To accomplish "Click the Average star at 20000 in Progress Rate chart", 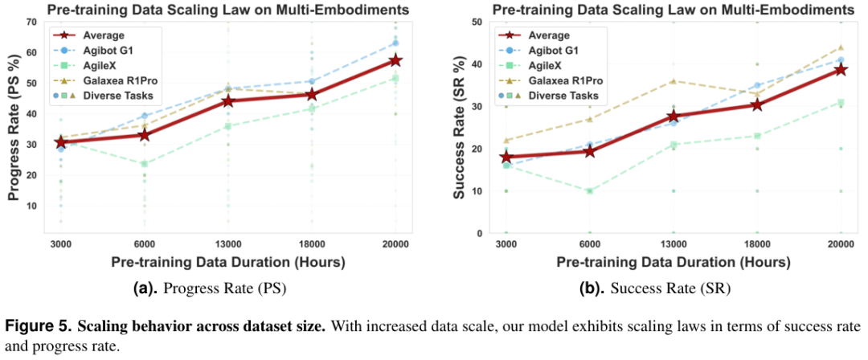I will (x=395, y=60).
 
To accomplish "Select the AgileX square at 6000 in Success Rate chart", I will (x=590, y=191).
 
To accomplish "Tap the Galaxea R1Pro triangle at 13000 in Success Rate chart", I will (x=674, y=80).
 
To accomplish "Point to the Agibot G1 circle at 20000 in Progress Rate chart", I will (x=395, y=43).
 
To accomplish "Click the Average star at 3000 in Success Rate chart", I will (x=506, y=157).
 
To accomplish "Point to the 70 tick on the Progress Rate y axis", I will (x=32, y=21).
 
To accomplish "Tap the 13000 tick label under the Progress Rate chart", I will (x=227, y=244).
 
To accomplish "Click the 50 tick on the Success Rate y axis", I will (x=477, y=22).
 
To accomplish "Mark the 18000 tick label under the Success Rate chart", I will (x=757, y=244).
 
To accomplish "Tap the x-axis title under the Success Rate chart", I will (x=674, y=262).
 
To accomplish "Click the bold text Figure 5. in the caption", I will (x=39, y=326).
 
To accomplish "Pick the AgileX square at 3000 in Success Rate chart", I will (x=506, y=166).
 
